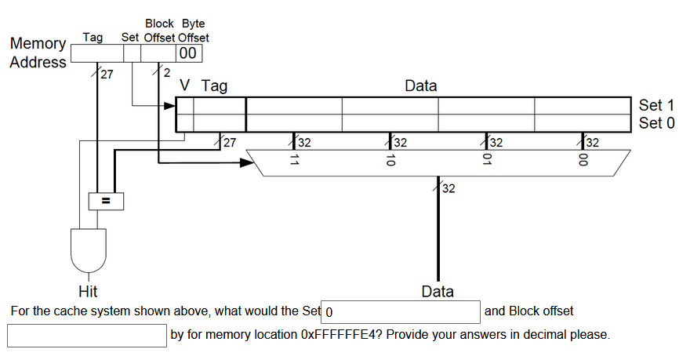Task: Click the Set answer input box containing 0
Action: pyautogui.click(x=401, y=311)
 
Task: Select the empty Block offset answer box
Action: pyautogui.click(x=87, y=335)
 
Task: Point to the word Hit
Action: pyautogui.click(x=88, y=292)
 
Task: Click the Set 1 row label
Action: pyautogui.click(x=655, y=105)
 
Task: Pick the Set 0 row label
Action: pyautogui.click(x=655, y=122)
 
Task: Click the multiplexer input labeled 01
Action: pyautogui.click(x=487, y=162)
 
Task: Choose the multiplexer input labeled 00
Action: pyautogui.click(x=583, y=162)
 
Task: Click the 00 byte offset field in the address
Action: pyautogui.click(x=188, y=53)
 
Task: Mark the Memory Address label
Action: pyautogui.click(x=38, y=53)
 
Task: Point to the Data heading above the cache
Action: pyautogui.click(x=421, y=85)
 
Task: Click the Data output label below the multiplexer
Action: pyautogui.click(x=438, y=292)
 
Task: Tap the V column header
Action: pyautogui.click(x=185, y=85)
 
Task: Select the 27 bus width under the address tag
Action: pyautogui.click(x=106, y=75)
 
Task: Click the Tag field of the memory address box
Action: pyautogui.click(x=97, y=53)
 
